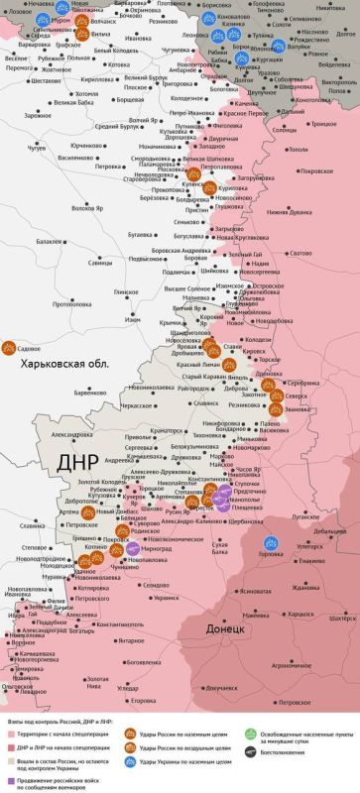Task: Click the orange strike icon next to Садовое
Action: (10, 348)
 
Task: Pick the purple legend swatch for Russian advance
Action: (11, 780)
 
